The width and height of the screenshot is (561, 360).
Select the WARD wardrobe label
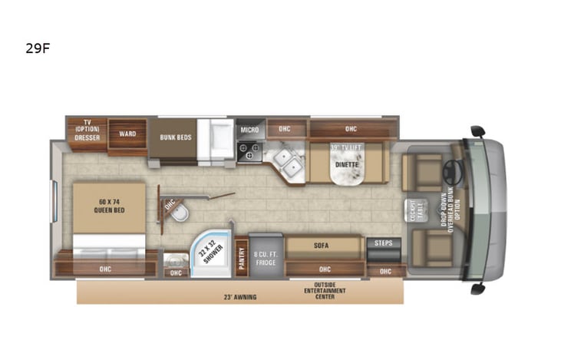tap(127, 134)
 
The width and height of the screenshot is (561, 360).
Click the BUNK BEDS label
tap(176, 137)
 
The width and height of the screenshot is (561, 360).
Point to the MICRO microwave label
tap(248, 130)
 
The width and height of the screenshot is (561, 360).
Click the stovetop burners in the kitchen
tap(249, 152)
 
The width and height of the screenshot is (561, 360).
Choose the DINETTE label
tap(348, 164)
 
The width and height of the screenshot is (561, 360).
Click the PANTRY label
tap(240, 254)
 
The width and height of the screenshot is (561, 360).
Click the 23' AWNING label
tap(240, 296)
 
